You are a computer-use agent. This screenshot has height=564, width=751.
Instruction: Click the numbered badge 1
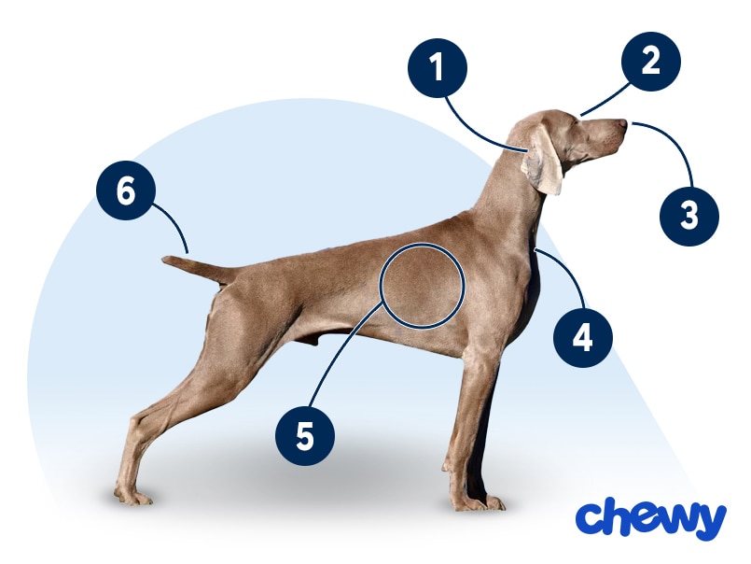pyautogui.click(x=438, y=68)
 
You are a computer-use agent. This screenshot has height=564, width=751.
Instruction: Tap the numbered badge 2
pyautogui.click(x=651, y=62)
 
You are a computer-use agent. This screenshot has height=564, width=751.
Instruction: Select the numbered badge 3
pyautogui.click(x=689, y=216)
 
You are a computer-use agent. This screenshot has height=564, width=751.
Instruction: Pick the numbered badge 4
pyautogui.click(x=583, y=338)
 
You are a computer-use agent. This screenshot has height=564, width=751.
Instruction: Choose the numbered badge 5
pyautogui.click(x=305, y=436)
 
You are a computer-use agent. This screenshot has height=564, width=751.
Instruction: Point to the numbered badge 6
pyautogui.click(x=126, y=190)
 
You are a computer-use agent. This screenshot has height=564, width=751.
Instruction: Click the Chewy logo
pyautogui.click(x=651, y=519)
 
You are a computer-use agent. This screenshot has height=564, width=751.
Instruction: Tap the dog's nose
pyautogui.click(x=622, y=124)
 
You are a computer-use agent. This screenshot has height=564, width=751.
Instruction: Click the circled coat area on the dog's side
pyautogui.click(x=422, y=286)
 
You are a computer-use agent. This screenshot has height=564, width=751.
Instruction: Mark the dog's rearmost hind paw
pyautogui.click(x=132, y=497)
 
